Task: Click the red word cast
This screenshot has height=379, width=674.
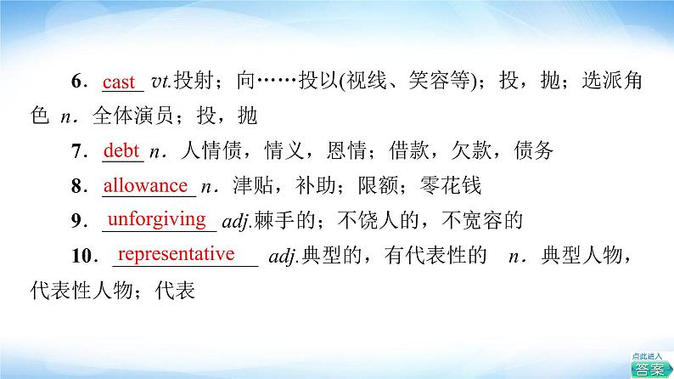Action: [x=119, y=82]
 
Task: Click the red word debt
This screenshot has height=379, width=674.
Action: [x=121, y=151]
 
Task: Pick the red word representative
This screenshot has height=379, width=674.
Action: [x=176, y=254]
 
